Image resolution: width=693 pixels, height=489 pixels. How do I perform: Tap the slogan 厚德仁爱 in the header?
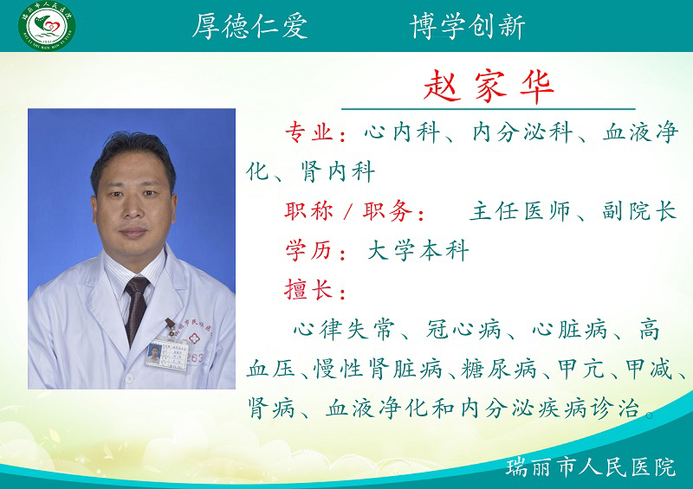click(x=249, y=26)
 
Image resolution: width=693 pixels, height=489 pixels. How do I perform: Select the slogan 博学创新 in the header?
click(x=468, y=26)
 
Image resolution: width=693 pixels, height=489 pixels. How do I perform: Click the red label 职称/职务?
click(x=354, y=212)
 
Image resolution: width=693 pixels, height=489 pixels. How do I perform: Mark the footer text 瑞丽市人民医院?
click(x=591, y=468)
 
